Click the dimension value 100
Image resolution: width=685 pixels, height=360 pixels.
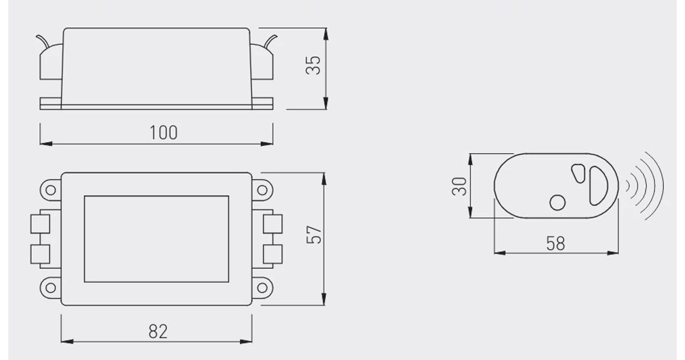point(164,133)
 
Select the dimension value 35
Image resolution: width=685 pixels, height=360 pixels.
point(313,66)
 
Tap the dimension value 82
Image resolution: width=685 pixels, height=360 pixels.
point(158,332)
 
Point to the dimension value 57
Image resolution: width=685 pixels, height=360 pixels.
point(314,235)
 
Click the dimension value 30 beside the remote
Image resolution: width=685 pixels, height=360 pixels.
point(459,186)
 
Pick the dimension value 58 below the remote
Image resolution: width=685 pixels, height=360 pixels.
point(556,244)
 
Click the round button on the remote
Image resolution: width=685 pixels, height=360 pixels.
point(557,202)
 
